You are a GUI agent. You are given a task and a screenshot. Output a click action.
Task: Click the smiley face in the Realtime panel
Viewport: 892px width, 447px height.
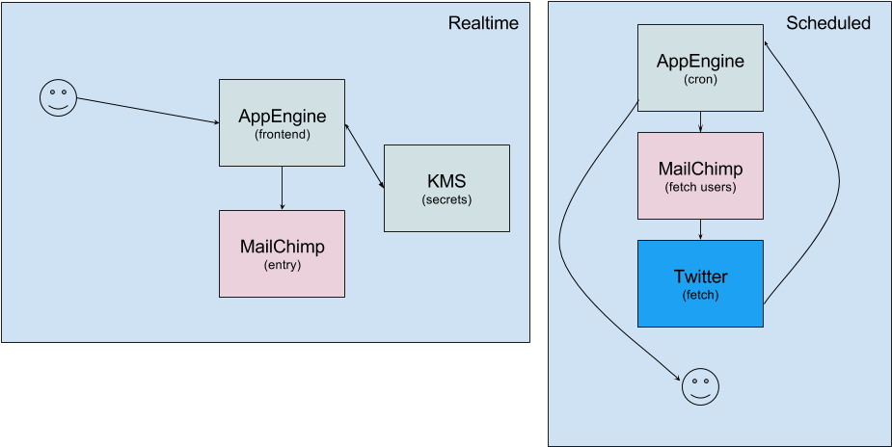click(58, 98)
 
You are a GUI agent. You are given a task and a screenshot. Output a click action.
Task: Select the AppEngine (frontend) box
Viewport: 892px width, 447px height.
click(282, 122)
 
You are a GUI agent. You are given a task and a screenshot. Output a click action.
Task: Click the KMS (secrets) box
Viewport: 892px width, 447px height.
click(446, 188)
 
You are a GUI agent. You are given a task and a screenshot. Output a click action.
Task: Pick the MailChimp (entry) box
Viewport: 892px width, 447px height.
click(282, 253)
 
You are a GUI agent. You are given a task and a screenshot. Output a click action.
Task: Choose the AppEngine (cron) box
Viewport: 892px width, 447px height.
click(700, 68)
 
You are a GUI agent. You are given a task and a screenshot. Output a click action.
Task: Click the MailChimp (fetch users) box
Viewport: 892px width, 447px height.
click(700, 175)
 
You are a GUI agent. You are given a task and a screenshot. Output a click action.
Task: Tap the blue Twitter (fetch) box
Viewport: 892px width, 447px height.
click(700, 283)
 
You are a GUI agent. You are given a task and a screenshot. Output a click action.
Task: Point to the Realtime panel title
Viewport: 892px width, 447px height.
click(483, 23)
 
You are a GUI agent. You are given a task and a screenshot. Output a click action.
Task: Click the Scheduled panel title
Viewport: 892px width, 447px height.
click(827, 23)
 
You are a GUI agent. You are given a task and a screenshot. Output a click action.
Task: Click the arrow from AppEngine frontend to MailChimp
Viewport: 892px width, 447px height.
click(282, 188)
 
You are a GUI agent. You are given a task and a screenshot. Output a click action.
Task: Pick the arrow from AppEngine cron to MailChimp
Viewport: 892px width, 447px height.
click(700, 122)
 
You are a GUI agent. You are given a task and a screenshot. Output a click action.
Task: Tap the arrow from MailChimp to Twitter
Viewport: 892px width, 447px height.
click(700, 229)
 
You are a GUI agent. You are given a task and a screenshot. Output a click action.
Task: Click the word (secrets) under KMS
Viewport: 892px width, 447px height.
click(446, 199)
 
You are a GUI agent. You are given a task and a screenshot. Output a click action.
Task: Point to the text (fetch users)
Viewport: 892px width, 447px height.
click(700, 186)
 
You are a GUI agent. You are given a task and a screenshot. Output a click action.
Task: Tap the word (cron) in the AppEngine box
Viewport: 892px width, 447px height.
click(700, 79)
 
